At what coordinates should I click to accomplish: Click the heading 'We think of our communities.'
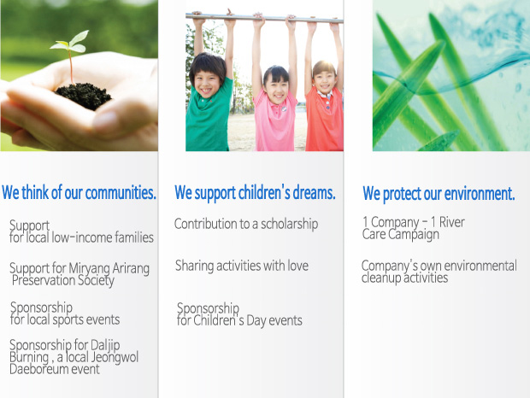[x=79, y=193]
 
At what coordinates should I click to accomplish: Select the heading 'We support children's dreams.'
[x=255, y=193]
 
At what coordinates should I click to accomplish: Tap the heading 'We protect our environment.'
[x=439, y=194]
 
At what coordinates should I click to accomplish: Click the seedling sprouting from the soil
[x=70, y=56]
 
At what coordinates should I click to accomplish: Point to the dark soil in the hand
[x=83, y=96]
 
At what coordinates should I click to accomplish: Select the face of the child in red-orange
[x=325, y=80]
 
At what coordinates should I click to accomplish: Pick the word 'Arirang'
[x=131, y=269]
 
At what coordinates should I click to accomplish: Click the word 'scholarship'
[x=289, y=224]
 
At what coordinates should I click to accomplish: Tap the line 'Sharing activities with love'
[x=242, y=266]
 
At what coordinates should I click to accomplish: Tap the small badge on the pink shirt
[x=284, y=109]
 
